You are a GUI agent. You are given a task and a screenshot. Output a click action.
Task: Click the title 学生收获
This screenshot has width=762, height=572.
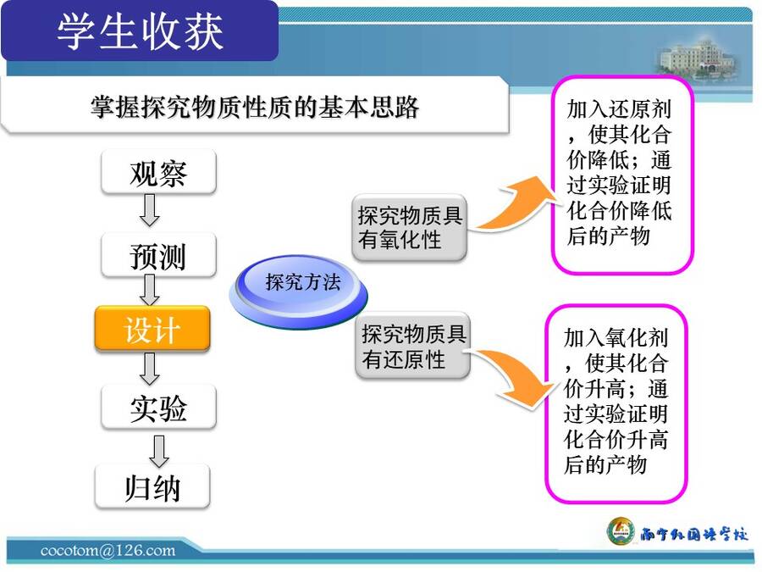point(140,32)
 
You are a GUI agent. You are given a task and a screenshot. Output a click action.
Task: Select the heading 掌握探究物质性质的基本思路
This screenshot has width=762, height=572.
point(255,107)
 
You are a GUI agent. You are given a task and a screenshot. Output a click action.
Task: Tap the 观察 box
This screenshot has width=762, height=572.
point(158,172)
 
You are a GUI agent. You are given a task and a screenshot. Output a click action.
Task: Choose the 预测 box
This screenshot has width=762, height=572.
point(158,255)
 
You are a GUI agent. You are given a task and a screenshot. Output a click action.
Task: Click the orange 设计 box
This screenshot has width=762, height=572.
point(152,329)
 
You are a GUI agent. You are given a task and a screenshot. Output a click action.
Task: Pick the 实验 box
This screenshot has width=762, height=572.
point(158,408)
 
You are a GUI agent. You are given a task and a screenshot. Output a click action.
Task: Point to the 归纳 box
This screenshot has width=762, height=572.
point(152,486)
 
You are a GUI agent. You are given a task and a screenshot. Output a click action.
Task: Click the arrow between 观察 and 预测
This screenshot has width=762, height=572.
point(150,210)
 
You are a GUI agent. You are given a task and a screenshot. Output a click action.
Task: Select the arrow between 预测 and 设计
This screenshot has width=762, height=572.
point(150,291)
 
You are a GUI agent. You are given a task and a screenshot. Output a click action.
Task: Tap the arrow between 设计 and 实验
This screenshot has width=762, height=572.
point(150,369)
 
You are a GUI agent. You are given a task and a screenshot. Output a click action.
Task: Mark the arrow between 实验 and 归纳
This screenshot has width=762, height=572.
point(159,451)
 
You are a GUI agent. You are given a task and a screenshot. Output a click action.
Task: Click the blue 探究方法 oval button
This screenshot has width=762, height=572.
point(299,291)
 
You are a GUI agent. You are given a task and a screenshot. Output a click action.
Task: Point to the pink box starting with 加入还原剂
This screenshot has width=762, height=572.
point(622,174)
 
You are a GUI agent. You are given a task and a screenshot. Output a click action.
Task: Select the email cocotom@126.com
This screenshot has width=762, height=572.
point(108,551)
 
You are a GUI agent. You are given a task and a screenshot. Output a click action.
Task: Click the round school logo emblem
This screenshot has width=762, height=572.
point(621,531)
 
